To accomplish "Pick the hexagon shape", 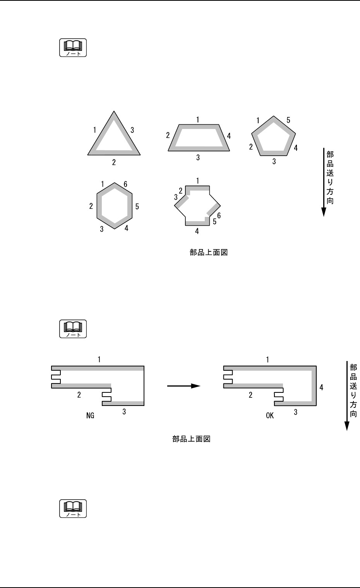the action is (x=99, y=206).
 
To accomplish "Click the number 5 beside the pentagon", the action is (x=288, y=120).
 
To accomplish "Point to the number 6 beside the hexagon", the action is (x=125, y=184).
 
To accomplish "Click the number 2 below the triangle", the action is (x=114, y=162).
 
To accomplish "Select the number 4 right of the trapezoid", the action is (x=229, y=136).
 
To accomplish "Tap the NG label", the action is (x=90, y=416).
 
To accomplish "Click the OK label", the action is (x=270, y=416).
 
